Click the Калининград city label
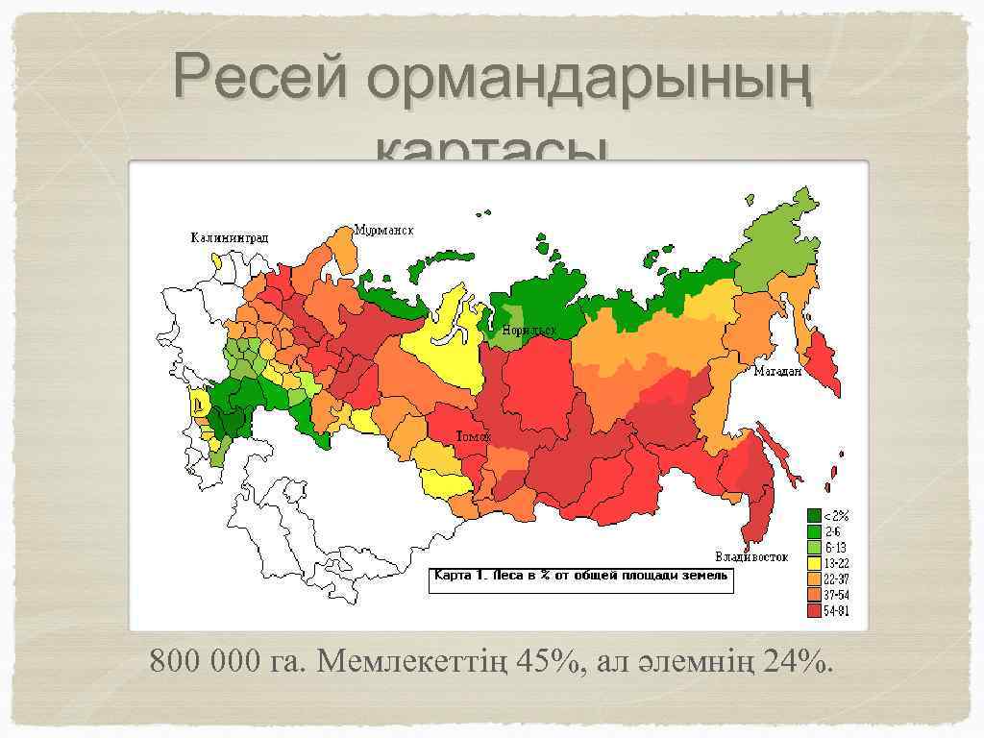point(229,237)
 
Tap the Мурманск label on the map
point(383,231)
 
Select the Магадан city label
point(777,372)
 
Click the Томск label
point(473,435)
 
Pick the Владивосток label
point(751,556)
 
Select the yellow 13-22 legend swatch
point(814,562)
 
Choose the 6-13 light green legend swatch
point(814,547)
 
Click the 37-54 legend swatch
point(814,594)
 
